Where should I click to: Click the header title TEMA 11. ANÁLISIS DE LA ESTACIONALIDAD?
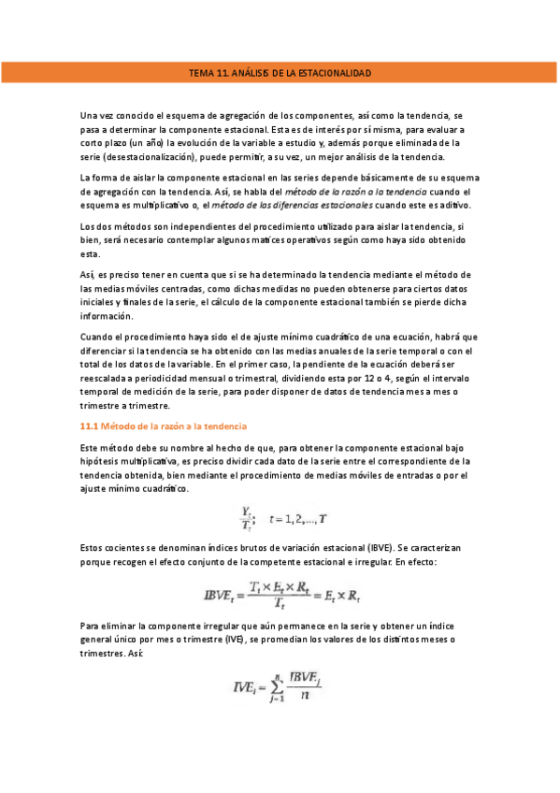click(280, 72)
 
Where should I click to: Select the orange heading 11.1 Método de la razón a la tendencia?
click(165, 426)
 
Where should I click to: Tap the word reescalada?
click(108, 379)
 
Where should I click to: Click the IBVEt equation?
click(280, 594)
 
